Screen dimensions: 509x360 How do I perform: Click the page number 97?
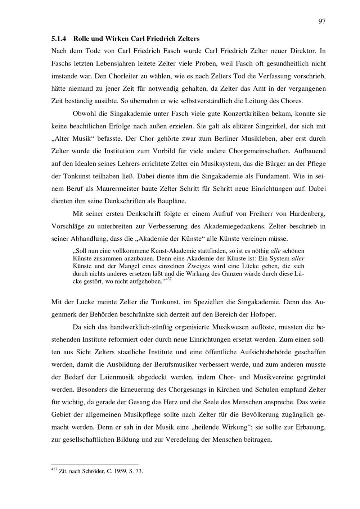322,21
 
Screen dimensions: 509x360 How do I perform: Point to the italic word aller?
297,258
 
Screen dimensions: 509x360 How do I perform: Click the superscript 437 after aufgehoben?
168,279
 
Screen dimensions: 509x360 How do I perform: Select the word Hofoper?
264,314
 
